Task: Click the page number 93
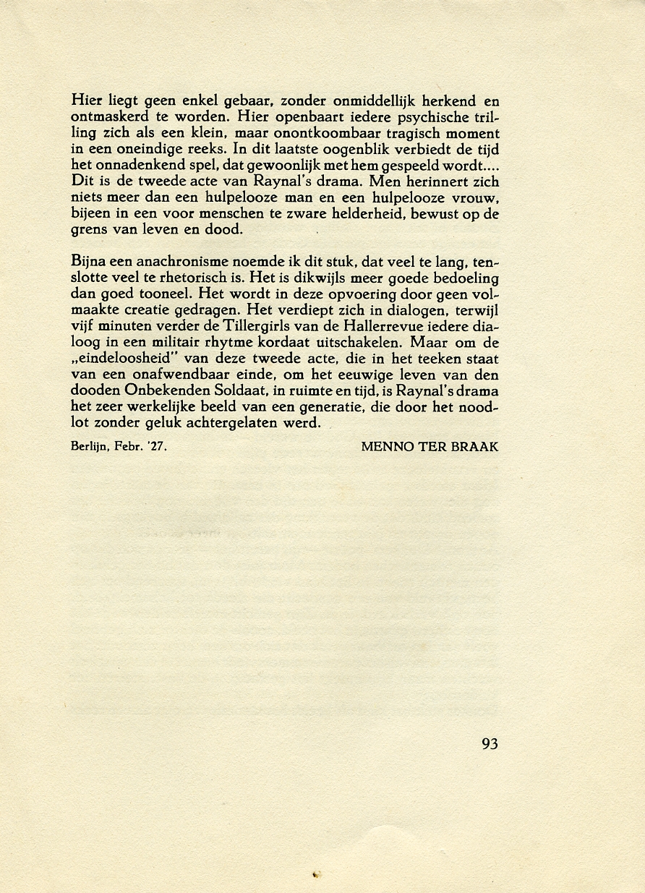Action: [x=490, y=743]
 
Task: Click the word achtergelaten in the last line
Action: [x=235, y=423]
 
